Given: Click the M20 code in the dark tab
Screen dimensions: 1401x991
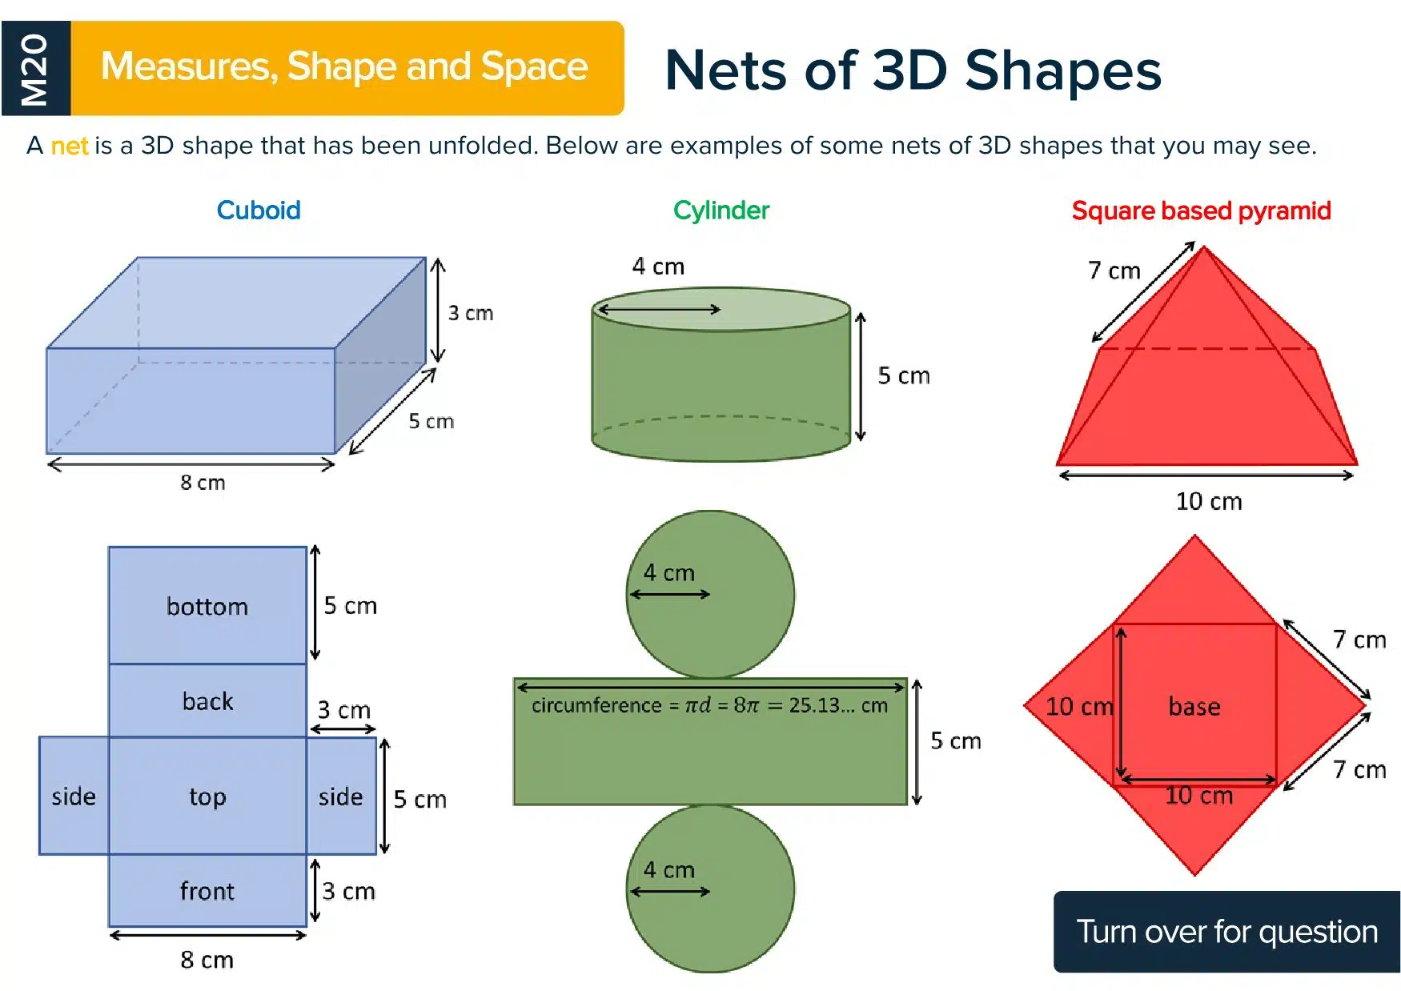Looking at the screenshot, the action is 34,70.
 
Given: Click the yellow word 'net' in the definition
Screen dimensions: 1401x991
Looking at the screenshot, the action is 70,146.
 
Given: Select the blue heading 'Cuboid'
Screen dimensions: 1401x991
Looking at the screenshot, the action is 259,211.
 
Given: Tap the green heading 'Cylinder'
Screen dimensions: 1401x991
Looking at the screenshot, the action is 721,211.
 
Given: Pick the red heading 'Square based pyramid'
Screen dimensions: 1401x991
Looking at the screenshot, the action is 1201,211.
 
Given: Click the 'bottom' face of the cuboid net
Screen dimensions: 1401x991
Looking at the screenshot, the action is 207,605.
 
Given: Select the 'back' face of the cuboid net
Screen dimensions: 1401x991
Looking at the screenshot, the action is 207,700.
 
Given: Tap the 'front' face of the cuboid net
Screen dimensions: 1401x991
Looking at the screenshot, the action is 207,890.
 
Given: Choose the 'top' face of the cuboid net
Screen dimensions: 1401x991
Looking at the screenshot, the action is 207,796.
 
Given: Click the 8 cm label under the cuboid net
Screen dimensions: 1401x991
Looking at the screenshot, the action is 207,959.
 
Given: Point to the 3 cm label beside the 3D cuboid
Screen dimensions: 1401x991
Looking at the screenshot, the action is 470,313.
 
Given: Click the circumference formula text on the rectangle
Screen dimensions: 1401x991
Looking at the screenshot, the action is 709,705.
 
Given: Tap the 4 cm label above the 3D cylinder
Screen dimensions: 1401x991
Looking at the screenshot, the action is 658,266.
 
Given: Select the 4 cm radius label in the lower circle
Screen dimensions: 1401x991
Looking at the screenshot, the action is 668,869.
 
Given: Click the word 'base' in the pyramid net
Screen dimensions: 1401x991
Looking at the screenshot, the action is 1194,706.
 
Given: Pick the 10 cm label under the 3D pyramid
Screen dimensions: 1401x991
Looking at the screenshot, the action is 1209,501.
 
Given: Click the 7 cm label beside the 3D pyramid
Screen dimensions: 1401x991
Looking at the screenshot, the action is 1114,271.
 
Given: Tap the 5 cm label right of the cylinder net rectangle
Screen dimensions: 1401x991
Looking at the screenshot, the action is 955,740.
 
